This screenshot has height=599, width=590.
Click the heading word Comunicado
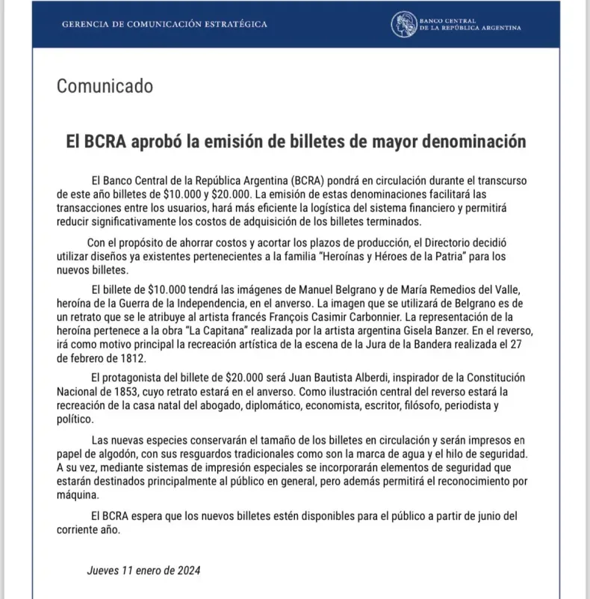click(x=105, y=86)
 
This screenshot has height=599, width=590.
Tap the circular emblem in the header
click(x=404, y=24)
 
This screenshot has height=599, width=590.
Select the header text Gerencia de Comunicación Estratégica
click(x=164, y=25)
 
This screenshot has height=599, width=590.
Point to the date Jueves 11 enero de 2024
click(x=143, y=570)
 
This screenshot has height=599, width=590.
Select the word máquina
click(x=77, y=495)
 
